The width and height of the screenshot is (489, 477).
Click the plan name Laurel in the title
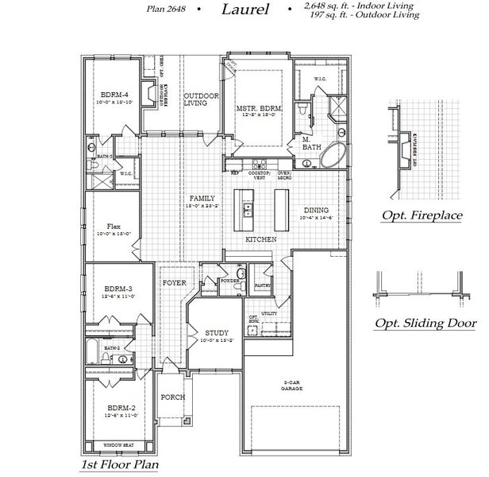245,11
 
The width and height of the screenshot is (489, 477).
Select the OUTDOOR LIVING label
195,99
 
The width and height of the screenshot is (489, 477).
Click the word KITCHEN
260,238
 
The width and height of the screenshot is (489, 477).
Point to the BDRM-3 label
116,290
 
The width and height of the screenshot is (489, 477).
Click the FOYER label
175,282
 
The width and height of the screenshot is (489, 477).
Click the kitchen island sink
248,209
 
